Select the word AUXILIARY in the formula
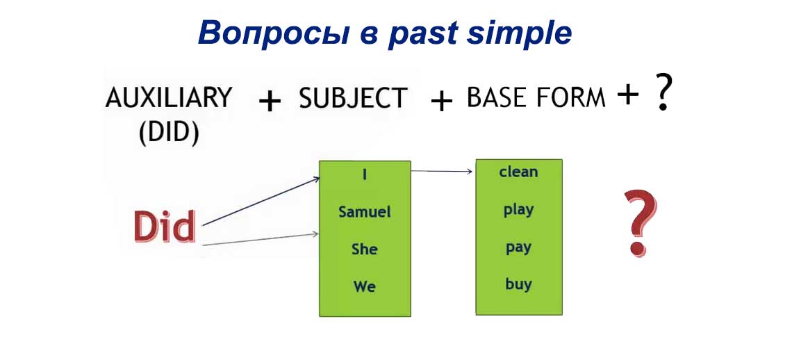click(169, 98)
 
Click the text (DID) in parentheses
click(169, 132)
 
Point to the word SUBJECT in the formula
click(353, 99)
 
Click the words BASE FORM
click(536, 98)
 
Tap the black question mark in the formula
click(663, 95)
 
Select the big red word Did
click(164, 226)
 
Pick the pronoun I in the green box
click(365, 174)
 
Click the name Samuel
click(365, 211)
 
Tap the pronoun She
click(365, 249)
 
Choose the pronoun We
click(365, 286)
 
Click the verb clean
click(518, 172)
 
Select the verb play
click(518, 210)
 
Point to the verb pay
click(518, 247)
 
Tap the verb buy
click(518, 284)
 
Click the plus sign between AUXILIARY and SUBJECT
click(270, 101)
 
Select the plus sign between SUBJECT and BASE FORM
click(441, 101)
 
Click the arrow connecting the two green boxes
click(443, 171)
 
